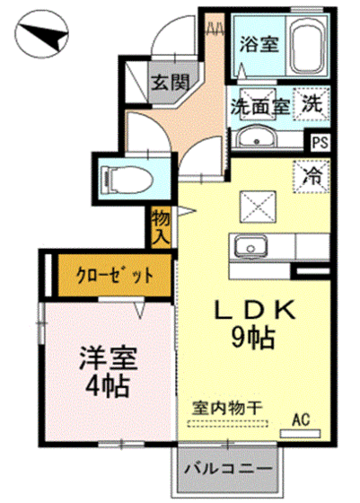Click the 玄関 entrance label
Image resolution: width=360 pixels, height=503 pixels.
tap(169, 84)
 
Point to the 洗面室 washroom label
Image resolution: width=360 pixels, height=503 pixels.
tap(259, 105)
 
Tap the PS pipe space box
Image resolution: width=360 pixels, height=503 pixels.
tap(319, 140)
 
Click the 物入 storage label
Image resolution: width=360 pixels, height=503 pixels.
tap(161, 225)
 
